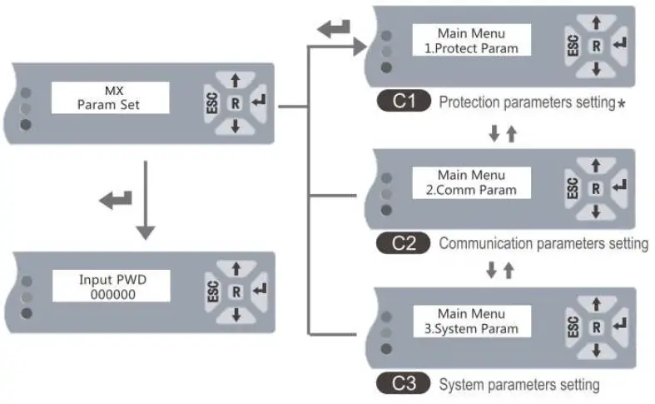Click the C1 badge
pos(403,102)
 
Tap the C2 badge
pos(403,244)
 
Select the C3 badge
pos(403,385)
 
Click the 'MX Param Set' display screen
pos(111,99)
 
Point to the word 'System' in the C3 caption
pos(459,385)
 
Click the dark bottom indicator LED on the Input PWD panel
pos(26,313)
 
